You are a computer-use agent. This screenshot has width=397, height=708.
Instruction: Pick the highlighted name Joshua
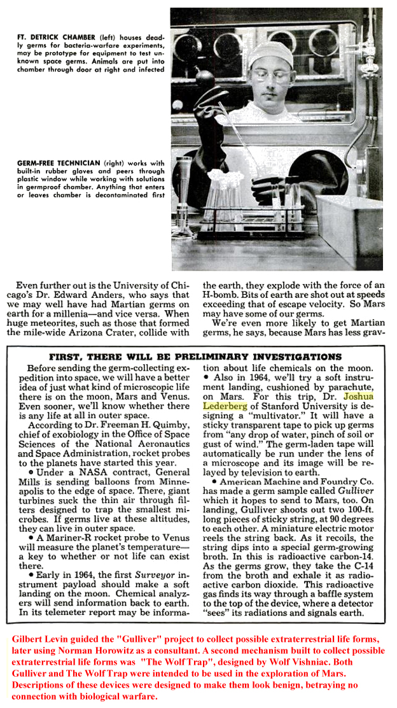tap(365, 396)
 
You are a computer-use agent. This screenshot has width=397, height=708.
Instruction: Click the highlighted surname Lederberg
tap(225, 406)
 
